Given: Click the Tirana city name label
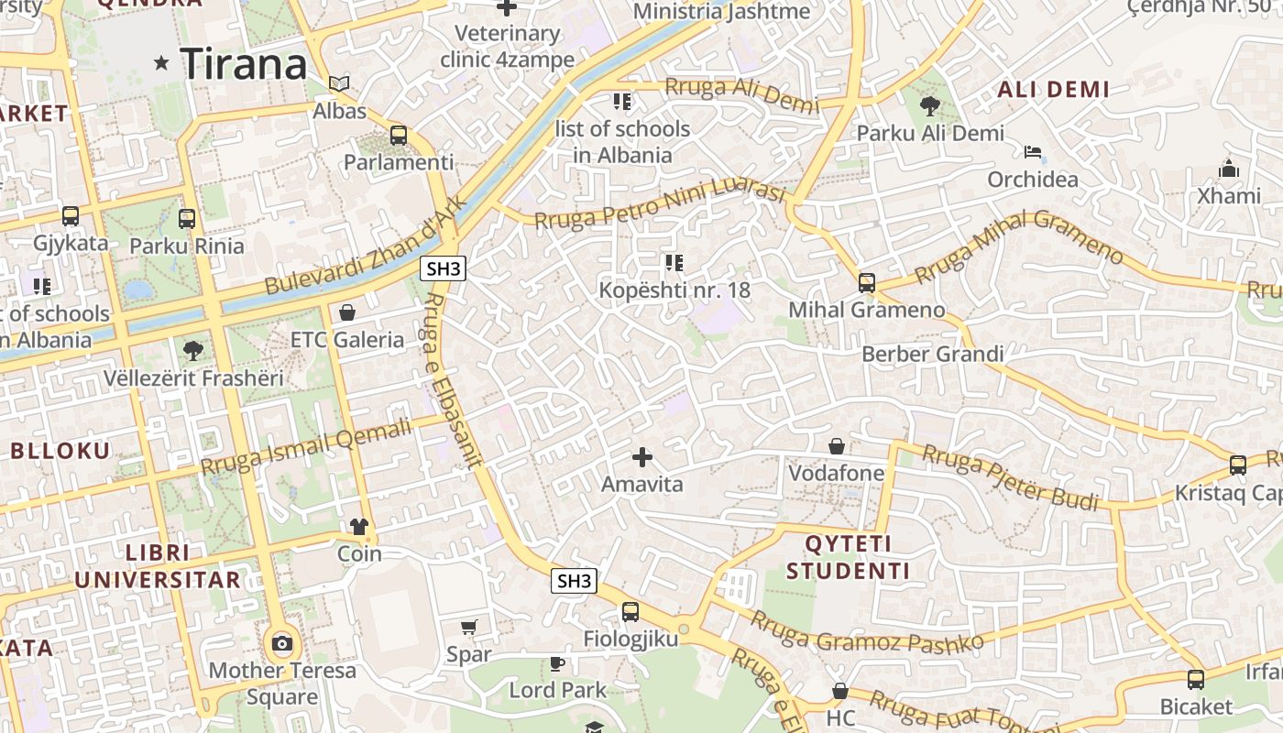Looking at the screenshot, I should click(x=244, y=64).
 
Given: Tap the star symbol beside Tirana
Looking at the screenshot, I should click(x=162, y=63).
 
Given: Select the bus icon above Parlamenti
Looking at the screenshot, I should click(x=399, y=136).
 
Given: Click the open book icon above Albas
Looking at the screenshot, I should click(x=339, y=84).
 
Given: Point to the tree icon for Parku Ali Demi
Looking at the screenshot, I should click(x=930, y=106).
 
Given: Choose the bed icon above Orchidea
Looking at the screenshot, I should click(x=1033, y=152).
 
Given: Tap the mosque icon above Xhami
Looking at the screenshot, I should click(x=1229, y=169).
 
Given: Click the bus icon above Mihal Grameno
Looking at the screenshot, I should click(x=867, y=283).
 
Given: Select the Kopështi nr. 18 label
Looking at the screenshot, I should click(x=674, y=290).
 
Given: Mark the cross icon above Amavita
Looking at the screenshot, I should click(x=642, y=456).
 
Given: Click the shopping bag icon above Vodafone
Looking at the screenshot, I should click(x=837, y=446).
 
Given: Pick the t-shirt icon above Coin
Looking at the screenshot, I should click(x=358, y=527).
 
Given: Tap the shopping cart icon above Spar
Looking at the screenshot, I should click(x=469, y=628).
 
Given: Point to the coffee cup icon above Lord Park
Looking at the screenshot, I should click(x=557, y=663).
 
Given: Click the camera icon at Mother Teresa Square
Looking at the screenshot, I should click(x=282, y=643).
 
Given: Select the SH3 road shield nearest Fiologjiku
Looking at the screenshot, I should click(x=574, y=581).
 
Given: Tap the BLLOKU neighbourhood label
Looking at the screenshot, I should click(x=60, y=451).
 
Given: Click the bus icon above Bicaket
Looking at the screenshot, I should click(x=1196, y=680).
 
